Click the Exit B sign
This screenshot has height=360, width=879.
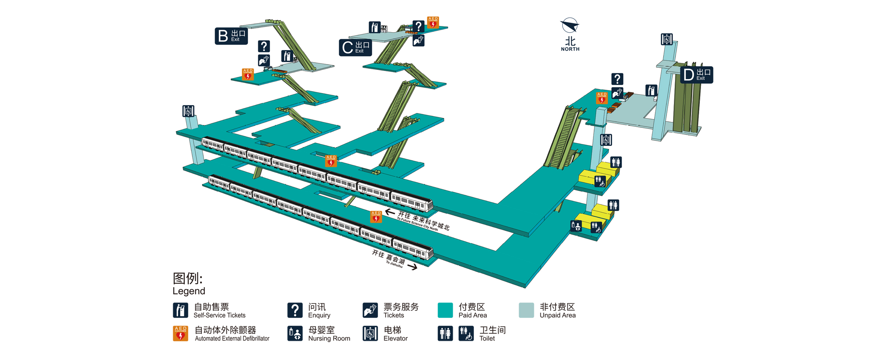231,36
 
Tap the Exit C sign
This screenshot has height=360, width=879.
355,48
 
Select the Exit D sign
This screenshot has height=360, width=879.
696,75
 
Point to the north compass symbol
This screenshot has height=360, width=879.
570,26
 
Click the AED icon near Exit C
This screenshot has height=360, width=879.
433,22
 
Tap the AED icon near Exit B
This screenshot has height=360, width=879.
248,74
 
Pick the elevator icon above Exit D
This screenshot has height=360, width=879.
667,39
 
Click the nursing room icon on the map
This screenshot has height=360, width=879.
576,226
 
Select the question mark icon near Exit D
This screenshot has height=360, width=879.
617,79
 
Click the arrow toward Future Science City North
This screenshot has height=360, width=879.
389,212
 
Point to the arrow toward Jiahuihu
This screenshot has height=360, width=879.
412,267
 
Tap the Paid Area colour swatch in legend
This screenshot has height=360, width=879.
445,310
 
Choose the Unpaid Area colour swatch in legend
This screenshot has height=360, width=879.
526,310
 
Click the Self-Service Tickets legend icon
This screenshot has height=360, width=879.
181,310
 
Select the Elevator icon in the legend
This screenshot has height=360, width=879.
370,334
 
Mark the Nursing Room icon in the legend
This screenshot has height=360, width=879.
295,334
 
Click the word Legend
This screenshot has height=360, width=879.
189,291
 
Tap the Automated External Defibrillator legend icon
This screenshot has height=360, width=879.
181,334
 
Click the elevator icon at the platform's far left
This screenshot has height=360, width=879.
188,111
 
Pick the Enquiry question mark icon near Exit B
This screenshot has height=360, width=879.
264,46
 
